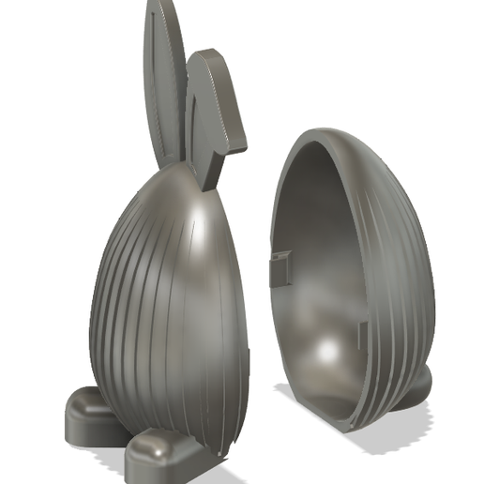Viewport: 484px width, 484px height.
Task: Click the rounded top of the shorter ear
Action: point(208,58)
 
